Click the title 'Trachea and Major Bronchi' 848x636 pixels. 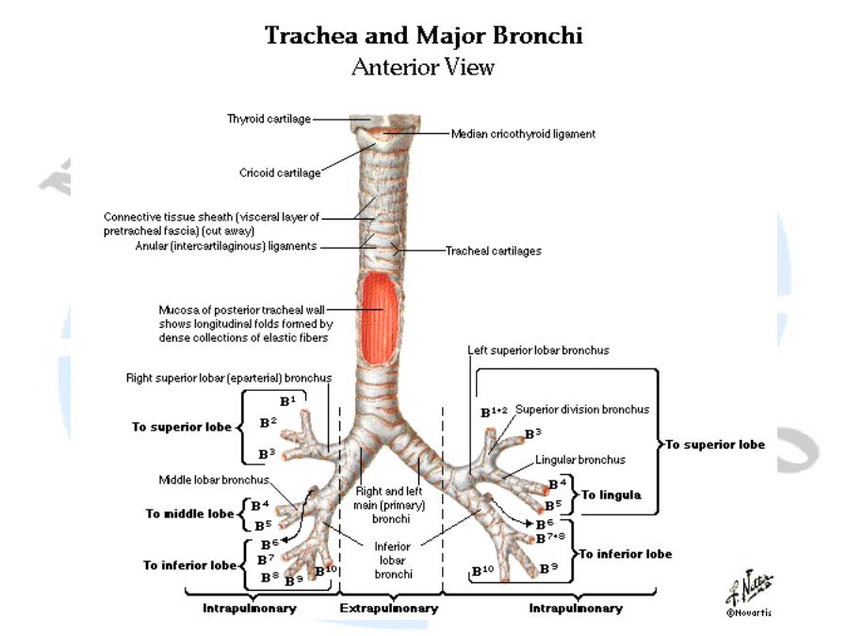pyautogui.click(x=423, y=37)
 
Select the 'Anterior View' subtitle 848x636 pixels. pyautogui.click(x=423, y=68)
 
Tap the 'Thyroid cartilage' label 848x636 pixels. pyautogui.click(x=268, y=119)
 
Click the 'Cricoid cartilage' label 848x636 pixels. pyautogui.click(x=280, y=172)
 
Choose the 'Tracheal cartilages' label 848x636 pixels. pyautogui.click(x=493, y=252)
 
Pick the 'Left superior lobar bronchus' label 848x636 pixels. pyautogui.click(x=538, y=351)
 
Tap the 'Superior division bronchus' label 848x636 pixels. pyautogui.click(x=581, y=410)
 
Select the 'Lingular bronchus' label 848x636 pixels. pyautogui.click(x=580, y=460)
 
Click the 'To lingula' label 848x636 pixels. pyautogui.click(x=611, y=494)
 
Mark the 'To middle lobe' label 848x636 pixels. pyautogui.click(x=189, y=514)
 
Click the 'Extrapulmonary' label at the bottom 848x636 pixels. pyautogui.click(x=390, y=609)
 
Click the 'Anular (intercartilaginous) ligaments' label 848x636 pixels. pyautogui.click(x=211, y=247)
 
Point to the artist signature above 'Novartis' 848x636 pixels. pyautogui.click(x=741, y=588)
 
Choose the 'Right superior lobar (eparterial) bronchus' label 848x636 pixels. pyautogui.click(x=229, y=379)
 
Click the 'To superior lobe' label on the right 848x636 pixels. pyautogui.click(x=715, y=444)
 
